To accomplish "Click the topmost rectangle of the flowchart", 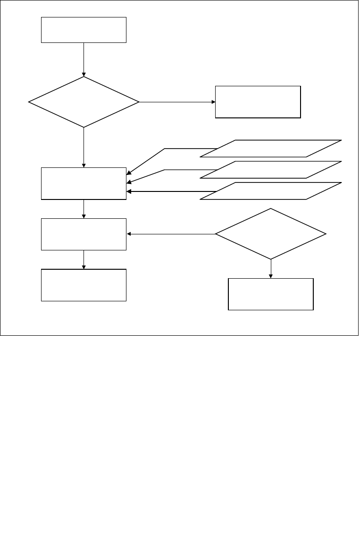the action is (x=84, y=30).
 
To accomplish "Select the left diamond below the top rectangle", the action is (x=84, y=102).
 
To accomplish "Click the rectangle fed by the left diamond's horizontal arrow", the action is (x=258, y=102).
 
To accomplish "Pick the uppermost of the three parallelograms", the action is (x=270, y=148).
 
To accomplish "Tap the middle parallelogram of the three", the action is (x=270, y=170).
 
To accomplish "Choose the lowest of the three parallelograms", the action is (x=270, y=191).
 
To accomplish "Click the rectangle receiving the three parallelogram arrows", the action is (x=84, y=183).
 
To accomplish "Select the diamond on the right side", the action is (x=270, y=234).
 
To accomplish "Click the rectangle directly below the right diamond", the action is (x=271, y=294).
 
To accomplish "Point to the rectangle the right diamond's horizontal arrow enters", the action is (x=84, y=234).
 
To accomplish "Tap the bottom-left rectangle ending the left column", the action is (x=84, y=285).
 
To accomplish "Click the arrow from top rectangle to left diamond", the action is (x=84, y=59).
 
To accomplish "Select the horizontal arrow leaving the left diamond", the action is (x=177, y=102).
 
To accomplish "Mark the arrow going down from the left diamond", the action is (x=84, y=147).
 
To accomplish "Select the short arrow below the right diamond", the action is (x=271, y=269).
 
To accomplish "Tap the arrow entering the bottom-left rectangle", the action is (x=84, y=259).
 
